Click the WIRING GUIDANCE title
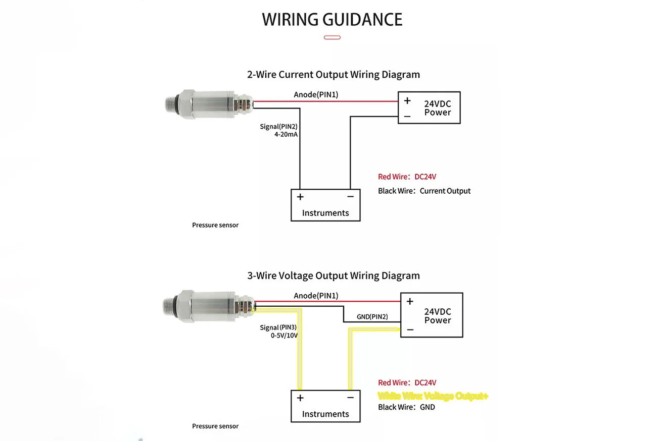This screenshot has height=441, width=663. coord(332,20)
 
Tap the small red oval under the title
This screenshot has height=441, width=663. coord(332,37)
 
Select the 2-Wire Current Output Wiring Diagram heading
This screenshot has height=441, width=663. coord(333,75)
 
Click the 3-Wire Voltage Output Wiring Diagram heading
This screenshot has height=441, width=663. coord(333,276)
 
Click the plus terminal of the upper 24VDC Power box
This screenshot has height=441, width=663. coord(407,101)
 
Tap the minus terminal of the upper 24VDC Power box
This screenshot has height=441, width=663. coord(407,116)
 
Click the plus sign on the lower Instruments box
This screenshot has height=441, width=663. coord(300,398)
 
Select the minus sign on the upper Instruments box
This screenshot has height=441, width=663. coord(350,197)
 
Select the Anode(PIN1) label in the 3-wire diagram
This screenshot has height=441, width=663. coord(316,296)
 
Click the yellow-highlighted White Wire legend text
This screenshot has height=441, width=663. coord(433,396)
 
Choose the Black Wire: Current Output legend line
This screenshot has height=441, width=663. coord(424,191)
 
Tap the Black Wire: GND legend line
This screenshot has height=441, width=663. coord(406,407)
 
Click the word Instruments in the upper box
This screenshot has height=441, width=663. coord(325,213)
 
